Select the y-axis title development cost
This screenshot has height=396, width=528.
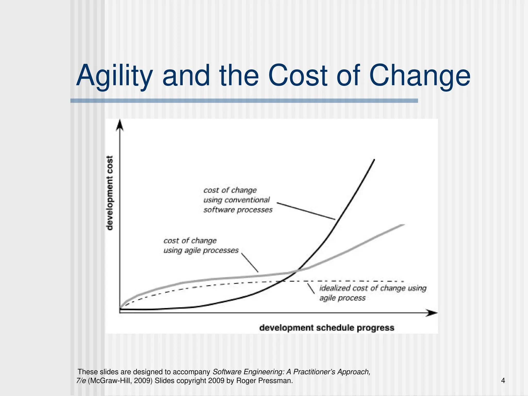click(x=110, y=193)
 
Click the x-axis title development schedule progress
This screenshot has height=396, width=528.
click(x=327, y=328)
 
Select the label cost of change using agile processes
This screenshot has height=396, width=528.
click(x=201, y=245)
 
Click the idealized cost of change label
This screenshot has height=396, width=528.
click(x=373, y=293)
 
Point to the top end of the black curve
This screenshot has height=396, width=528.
click(x=374, y=160)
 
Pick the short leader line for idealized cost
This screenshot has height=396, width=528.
click(x=311, y=288)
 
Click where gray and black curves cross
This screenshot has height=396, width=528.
click(x=296, y=271)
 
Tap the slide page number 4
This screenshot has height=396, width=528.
click(x=503, y=381)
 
